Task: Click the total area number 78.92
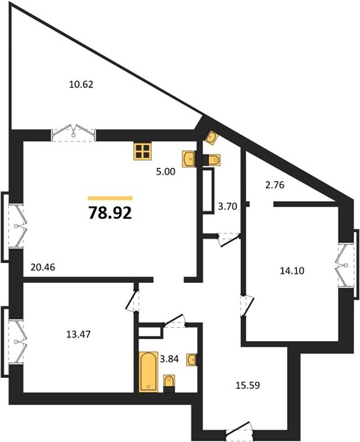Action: [110, 213]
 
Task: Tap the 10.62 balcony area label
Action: [81, 84]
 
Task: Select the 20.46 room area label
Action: [43, 267]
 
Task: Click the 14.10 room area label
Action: [292, 271]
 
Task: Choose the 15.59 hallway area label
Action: [247, 385]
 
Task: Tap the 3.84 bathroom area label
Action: [169, 359]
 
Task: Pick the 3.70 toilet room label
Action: [227, 206]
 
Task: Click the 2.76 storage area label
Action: [275, 185]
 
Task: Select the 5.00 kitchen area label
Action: [166, 172]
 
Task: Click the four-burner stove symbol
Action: [142, 151]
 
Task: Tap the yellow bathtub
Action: [148, 372]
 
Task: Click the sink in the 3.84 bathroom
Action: [191, 359]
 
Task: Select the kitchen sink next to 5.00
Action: [189, 159]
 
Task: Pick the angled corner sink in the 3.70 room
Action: [211, 138]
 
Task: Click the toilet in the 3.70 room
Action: [212, 160]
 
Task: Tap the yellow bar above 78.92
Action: [110, 198]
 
